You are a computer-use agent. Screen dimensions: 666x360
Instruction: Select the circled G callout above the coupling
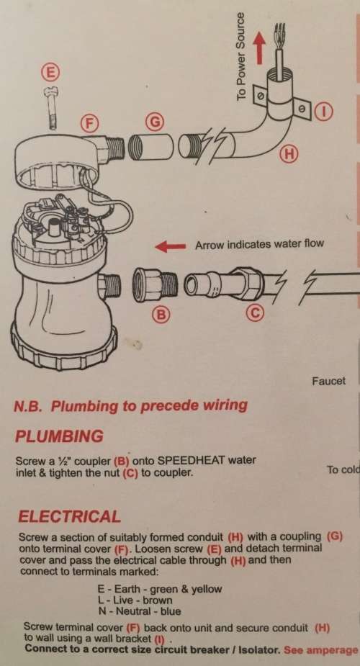[152, 122]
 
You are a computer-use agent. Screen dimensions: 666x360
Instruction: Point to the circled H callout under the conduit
[288, 153]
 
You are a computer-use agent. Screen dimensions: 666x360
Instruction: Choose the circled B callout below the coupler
[161, 314]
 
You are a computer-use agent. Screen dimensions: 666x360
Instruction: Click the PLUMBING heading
[59, 436]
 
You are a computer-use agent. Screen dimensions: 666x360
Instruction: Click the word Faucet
[328, 381]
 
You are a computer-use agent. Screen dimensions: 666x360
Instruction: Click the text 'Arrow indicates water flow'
[260, 245]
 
